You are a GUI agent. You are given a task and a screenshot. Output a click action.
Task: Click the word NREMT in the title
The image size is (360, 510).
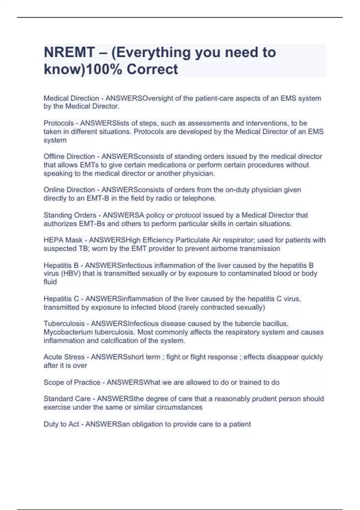click(x=69, y=52)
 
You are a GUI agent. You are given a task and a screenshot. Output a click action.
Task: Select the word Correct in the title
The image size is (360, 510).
click(x=152, y=69)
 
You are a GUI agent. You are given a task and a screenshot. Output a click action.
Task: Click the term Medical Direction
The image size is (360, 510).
click(x=71, y=98)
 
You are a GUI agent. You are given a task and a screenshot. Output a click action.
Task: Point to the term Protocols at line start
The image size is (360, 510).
click(x=58, y=123)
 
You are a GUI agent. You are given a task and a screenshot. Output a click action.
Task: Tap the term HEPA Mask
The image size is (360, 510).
click(x=63, y=240)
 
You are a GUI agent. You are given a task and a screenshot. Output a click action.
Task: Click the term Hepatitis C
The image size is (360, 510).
click(x=61, y=299)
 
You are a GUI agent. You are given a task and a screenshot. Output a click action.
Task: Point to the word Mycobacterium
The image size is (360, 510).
click(x=68, y=332)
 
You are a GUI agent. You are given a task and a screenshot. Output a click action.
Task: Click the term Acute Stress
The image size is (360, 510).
click(x=64, y=357)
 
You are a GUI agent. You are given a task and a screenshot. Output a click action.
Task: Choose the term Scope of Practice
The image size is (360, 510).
click(x=72, y=382)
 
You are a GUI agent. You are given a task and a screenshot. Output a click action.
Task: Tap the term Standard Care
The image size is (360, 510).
click(x=67, y=399)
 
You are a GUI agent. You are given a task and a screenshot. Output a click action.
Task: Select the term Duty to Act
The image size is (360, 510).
click(x=61, y=424)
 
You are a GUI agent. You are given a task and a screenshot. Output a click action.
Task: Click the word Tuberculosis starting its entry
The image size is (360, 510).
click(x=64, y=324)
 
